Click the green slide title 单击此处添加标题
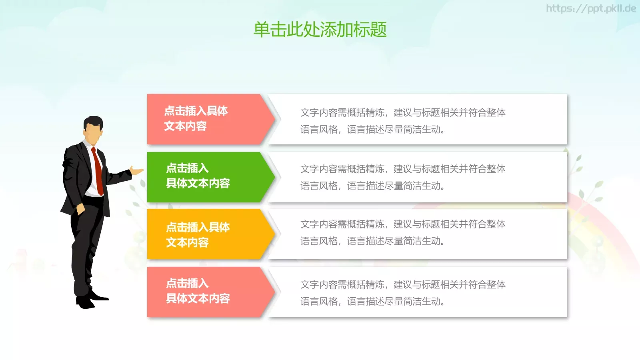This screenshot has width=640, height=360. pyautogui.click(x=320, y=30)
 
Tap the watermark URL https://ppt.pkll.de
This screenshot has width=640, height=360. pyautogui.click(x=591, y=8)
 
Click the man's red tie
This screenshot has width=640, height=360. pyautogui.click(x=98, y=170)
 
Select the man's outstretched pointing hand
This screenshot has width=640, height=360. pyautogui.click(x=137, y=171)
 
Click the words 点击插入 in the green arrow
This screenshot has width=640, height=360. pyautogui.click(x=187, y=168)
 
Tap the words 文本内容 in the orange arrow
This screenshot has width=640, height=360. pyautogui.click(x=187, y=242)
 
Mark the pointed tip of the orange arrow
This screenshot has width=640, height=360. pyautogui.click(x=274, y=234)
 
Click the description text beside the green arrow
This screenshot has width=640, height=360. pyautogui.click(x=403, y=177)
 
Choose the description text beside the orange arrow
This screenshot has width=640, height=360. pyautogui.click(x=403, y=232)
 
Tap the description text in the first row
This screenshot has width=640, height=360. pyautogui.click(x=403, y=121)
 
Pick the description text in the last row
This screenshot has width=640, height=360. pyautogui.click(x=403, y=293)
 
